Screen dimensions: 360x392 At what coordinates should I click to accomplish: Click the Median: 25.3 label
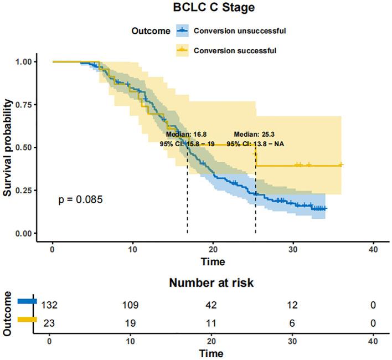pyautogui.click(x=254, y=134)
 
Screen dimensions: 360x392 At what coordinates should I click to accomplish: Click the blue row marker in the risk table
pyautogui.click(x=27, y=301)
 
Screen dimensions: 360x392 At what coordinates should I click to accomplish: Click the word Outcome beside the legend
pyautogui.click(x=151, y=31)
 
